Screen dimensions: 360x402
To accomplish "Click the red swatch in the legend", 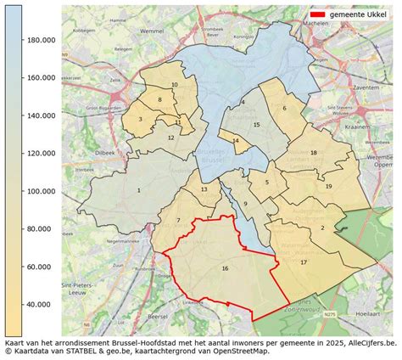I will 319,15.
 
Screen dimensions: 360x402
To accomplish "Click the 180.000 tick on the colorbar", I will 42,40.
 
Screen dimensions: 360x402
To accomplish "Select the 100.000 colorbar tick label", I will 42,191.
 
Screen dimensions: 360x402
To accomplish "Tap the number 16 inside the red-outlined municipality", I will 225,268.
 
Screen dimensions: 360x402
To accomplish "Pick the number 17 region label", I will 304,262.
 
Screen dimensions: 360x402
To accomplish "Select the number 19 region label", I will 328,186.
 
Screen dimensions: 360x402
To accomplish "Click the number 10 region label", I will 174,85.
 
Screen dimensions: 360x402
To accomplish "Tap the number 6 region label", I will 284,108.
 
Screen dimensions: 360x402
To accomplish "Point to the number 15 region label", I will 255,125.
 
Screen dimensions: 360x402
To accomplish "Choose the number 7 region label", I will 178,221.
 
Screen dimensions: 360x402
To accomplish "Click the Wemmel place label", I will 153,31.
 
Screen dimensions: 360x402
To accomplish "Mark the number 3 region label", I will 141,120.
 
